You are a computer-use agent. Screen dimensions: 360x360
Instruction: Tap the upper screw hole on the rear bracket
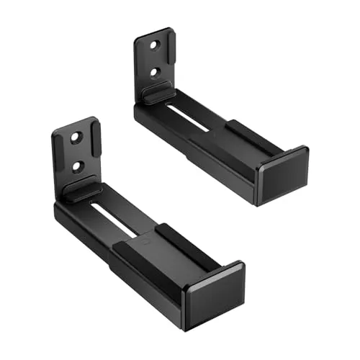[154, 45]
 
